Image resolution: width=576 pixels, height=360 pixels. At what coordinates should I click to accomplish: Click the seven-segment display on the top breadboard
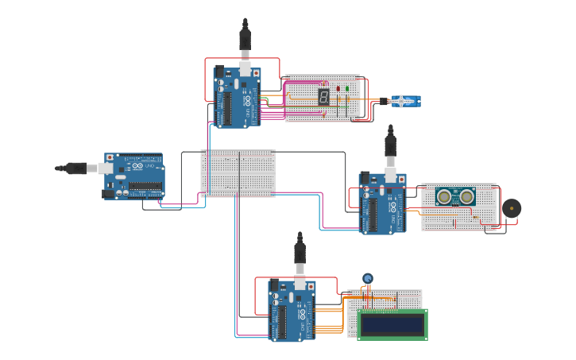click(x=324, y=97)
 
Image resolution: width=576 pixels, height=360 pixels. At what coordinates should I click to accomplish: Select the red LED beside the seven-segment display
click(x=338, y=88)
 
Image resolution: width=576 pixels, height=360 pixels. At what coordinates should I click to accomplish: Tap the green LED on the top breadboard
click(x=346, y=88)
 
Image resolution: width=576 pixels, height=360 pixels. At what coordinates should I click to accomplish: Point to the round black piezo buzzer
click(x=512, y=208)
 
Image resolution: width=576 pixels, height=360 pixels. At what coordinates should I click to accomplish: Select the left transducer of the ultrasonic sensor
click(x=444, y=196)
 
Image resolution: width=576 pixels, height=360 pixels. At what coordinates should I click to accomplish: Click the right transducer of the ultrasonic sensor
click(x=466, y=196)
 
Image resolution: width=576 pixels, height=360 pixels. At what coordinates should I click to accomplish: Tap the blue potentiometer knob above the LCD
click(x=367, y=278)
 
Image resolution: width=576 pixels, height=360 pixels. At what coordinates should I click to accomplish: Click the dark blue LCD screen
click(x=392, y=324)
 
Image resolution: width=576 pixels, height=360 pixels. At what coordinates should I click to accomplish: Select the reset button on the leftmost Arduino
click(x=110, y=158)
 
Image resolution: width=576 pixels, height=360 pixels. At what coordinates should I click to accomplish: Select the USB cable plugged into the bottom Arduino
click(x=300, y=254)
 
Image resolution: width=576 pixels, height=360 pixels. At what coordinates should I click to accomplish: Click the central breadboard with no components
click(x=238, y=172)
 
